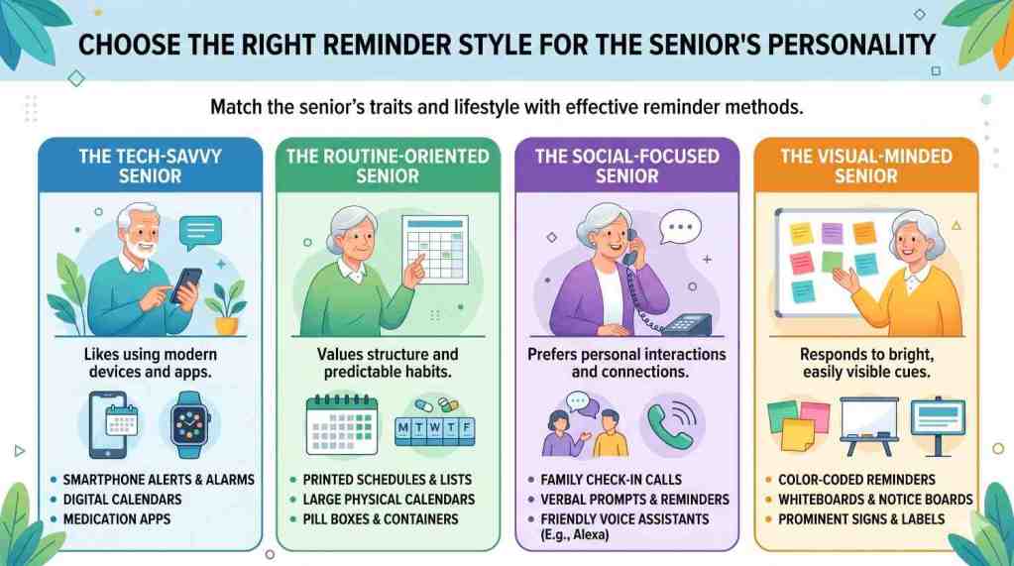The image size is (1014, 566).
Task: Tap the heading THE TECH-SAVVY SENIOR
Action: (150, 166)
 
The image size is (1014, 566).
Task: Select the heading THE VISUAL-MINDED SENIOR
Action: (866, 166)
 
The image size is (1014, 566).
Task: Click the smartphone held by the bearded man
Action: (186, 285)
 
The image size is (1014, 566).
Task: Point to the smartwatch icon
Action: (190, 425)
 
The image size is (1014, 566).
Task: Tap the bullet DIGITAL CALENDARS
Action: (122, 500)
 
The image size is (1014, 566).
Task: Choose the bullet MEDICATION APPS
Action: (117, 519)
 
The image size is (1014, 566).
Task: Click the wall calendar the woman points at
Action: (435, 250)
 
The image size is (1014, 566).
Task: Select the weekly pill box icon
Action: (435, 428)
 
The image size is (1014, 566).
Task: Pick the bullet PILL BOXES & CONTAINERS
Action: (381, 519)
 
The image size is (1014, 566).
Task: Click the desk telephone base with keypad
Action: (686, 324)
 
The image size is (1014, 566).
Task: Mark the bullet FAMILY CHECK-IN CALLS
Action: (612, 480)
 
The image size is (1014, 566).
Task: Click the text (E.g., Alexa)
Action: (574, 535)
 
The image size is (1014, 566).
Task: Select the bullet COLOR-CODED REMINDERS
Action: (856, 480)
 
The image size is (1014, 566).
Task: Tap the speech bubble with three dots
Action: (680, 228)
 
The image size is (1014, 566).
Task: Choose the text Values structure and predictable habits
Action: (388, 363)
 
